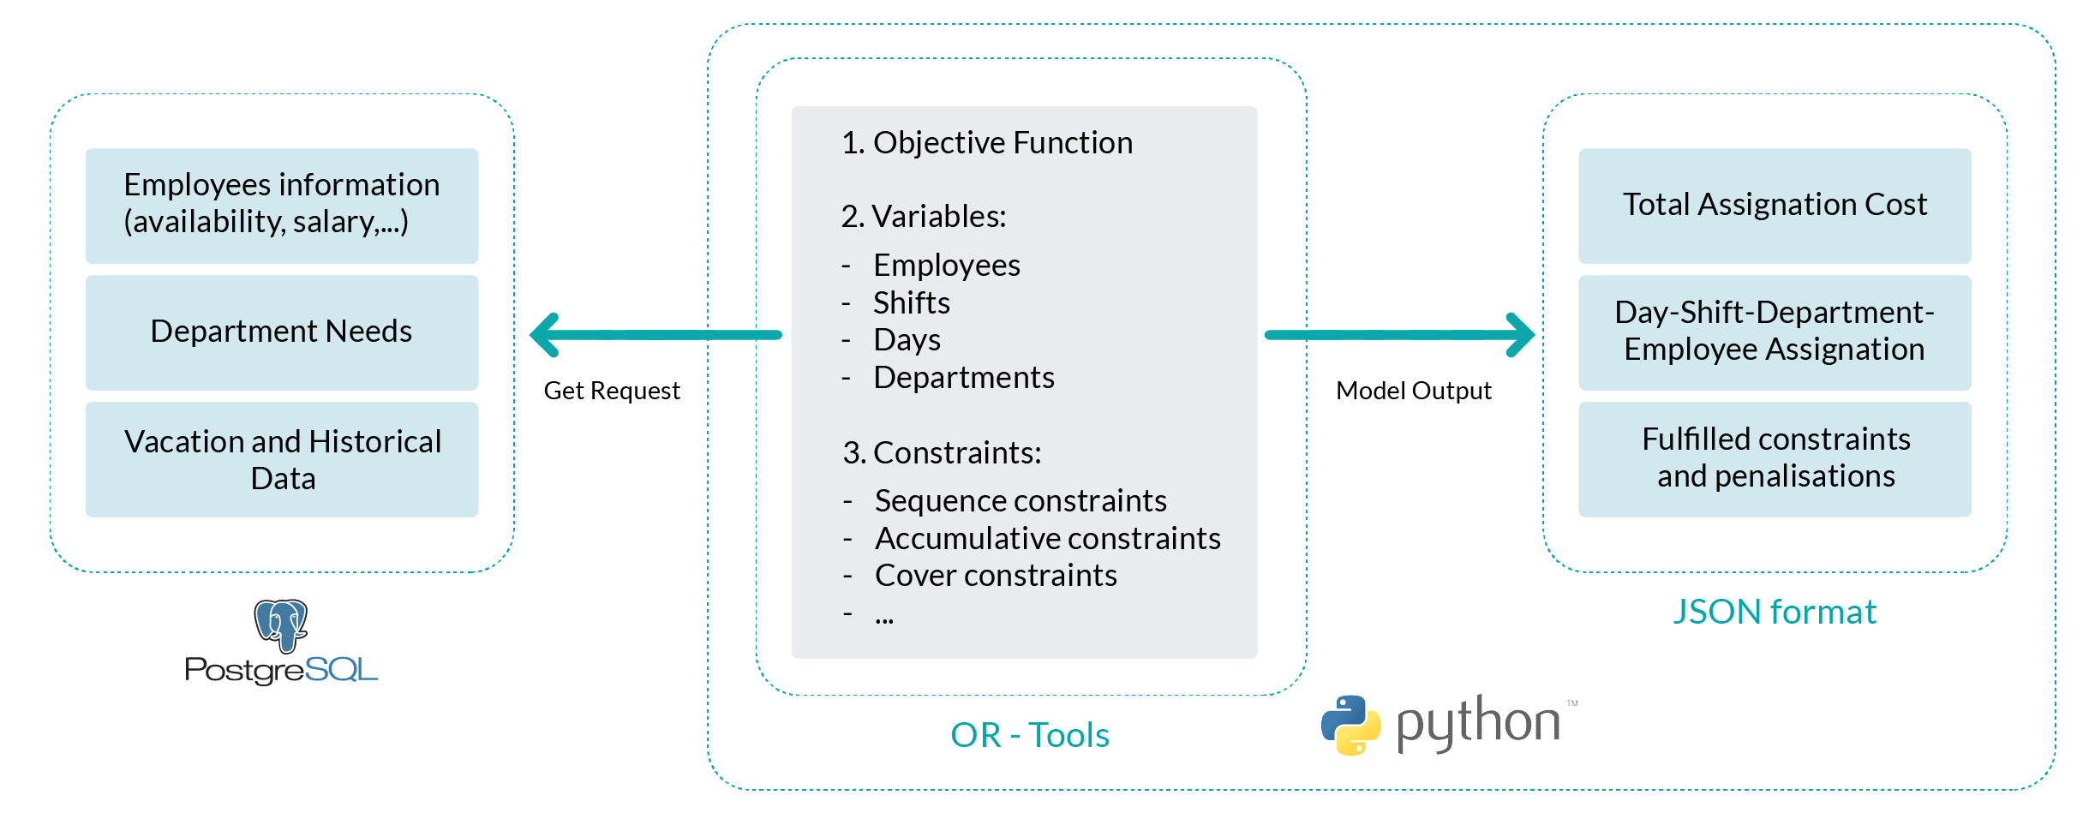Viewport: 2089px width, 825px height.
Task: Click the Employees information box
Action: (282, 206)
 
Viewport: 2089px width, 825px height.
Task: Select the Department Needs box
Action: (282, 332)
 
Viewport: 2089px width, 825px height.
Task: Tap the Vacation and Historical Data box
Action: (282, 459)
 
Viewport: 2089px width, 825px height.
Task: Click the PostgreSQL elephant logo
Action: (281, 625)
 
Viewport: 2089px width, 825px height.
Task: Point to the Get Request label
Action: (612, 391)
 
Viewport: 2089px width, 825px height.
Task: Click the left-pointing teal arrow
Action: (655, 335)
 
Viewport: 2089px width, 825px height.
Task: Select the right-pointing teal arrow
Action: (1399, 335)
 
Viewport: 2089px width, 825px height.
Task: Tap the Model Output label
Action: (1414, 391)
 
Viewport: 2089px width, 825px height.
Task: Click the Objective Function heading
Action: (987, 143)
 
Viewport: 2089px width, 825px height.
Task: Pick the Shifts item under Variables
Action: (912, 303)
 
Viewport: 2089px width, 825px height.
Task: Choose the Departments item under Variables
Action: (964, 378)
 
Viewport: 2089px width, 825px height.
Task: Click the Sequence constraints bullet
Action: (1021, 501)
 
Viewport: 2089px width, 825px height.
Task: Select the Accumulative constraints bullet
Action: (1048, 539)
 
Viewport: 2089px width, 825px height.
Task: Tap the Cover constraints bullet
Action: (996, 576)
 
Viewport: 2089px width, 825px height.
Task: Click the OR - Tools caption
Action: (1030, 735)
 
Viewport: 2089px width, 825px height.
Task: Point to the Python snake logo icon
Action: (1350, 725)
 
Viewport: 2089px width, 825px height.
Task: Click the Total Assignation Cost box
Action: (1775, 206)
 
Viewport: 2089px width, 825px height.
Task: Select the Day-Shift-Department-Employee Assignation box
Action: (1775, 332)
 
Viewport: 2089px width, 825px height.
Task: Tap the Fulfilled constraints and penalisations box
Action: (1775, 459)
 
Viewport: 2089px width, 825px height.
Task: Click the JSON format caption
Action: (1775, 613)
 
